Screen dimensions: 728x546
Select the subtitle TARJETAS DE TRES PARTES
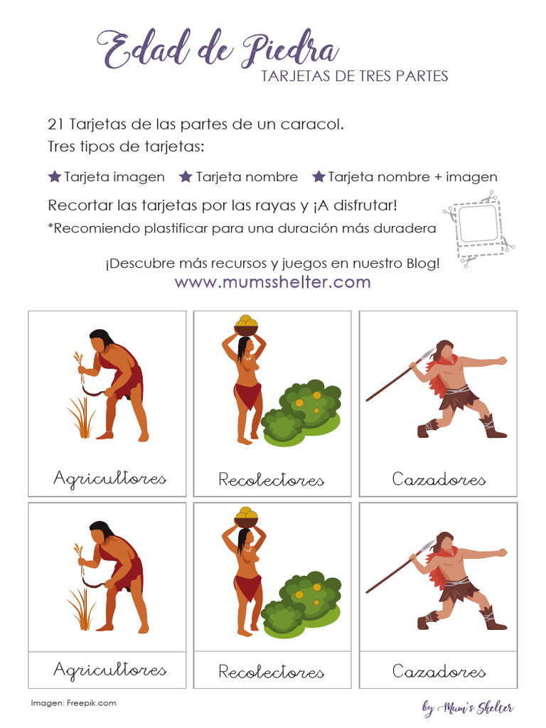(355, 76)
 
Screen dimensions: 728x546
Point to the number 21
(56, 124)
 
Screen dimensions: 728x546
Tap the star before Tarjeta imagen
(54, 176)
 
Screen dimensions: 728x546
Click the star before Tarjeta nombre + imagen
(318, 176)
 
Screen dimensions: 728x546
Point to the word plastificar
(176, 229)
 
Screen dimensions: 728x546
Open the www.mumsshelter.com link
(272, 282)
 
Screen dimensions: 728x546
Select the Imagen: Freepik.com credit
(73, 703)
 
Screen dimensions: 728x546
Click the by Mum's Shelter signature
(467, 707)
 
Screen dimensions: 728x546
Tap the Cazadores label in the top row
(439, 479)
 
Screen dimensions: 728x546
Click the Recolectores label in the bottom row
(271, 671)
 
